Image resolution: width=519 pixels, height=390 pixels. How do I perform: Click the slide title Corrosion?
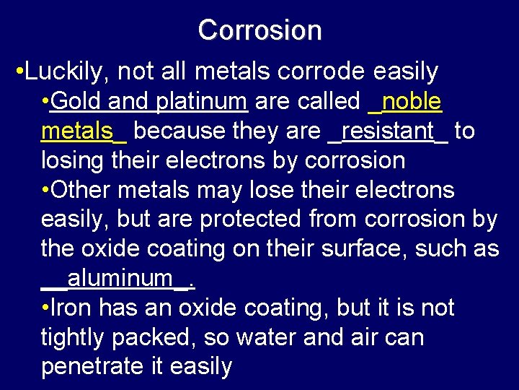[259, 30]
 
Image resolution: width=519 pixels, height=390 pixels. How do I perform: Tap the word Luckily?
[68, 71]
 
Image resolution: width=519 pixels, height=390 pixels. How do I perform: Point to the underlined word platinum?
[202, 101]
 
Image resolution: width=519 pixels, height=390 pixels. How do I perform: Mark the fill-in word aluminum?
[120, 278]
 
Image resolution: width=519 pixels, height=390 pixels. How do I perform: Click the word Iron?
[73, 308]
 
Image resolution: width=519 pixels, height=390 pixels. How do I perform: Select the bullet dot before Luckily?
[19, 72]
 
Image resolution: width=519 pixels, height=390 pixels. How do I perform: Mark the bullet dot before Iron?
[45, 308]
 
